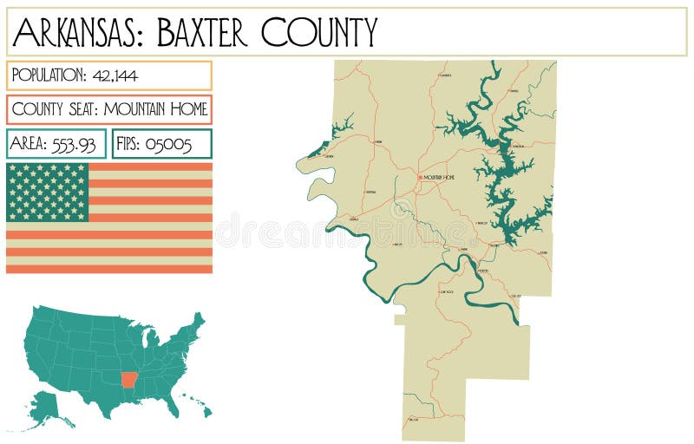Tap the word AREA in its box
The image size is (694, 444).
click(x=29, y=144)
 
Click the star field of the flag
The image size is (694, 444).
click(x=48, y=192)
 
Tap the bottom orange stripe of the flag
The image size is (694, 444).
click(x=109, y=268)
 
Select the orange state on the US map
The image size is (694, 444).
click(x=129, y=380)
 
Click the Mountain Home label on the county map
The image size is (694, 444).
click(x=438, y=178)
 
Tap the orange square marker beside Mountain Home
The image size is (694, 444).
click(x=421, y=178)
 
